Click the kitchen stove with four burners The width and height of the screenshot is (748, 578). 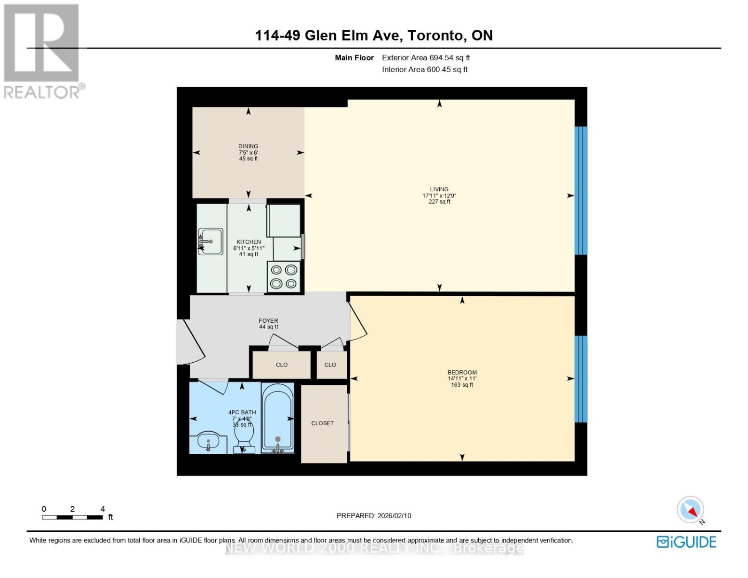click(x=284, y=277)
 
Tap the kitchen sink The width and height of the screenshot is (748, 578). click(x=210, y=241)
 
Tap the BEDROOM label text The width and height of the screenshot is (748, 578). click(x=462, y=372)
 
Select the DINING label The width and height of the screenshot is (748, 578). click(x=248, y=146)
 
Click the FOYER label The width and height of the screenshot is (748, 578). click(x=268, y=321)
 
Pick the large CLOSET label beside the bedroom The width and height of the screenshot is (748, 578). click(x=322, y=423)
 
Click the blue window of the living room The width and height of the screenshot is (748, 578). click(x=581, y=190)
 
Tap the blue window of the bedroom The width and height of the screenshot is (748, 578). click(x=581, y=379)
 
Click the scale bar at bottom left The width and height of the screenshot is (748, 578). click(x=72, y=517)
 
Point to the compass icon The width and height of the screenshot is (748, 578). click(x=691, y=510)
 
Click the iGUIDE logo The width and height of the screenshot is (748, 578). click(x=686, y=542)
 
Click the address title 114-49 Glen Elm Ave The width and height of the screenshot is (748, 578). click(x=373, y=36)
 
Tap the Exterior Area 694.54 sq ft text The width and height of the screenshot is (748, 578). click(x=426, y=58)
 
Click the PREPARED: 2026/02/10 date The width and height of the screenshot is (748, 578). click(x=374, y=516)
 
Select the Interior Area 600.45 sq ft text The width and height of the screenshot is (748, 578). click(x=425, y=69)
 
